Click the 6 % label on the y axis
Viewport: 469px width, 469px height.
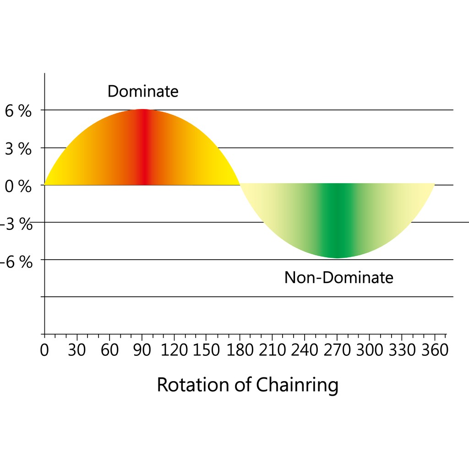click(18, 111)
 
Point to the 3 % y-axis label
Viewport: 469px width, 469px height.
click(18, 149)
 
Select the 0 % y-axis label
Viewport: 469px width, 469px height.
click(18, 187)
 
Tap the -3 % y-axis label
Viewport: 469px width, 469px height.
click(16, 225)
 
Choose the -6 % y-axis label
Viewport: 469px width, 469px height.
click(16, 262)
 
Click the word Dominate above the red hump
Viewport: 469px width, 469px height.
click(142, 91)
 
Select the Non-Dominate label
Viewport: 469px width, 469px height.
click(338, 278)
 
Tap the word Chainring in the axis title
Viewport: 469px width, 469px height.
click(297, 386)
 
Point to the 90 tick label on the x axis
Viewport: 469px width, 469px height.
click(142, 350)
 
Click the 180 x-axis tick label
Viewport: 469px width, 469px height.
click(240, 350)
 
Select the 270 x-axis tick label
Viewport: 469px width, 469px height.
click(337, 350)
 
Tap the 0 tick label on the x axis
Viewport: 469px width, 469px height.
click(44, 350)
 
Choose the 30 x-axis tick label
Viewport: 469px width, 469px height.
click(77, 350)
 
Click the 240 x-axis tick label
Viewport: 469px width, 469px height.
click(305, 350)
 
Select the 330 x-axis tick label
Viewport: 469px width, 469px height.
click(402, 350)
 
